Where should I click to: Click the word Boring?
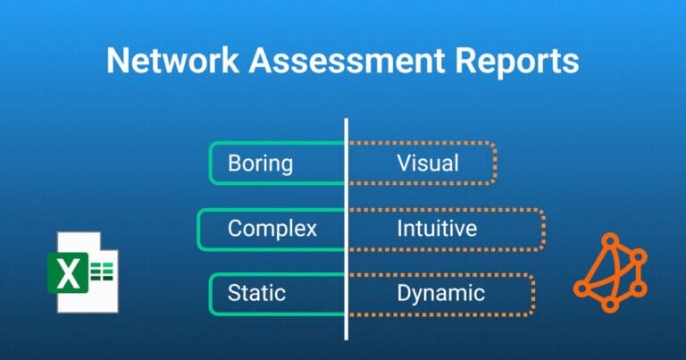[x=260, y=163]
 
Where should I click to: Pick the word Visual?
[x=428, y=163]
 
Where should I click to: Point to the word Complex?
[x=272, y=229]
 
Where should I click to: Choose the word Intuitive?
[x=437, y=229]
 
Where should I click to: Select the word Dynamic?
[x=441, y=293]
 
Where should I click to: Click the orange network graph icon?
[x=610, y=272]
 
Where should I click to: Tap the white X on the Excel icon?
[x=69, y=274]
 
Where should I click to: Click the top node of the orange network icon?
[x=611, y=239]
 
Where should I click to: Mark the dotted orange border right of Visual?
[x=495, y=163]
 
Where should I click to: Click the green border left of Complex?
[x=199, y=229]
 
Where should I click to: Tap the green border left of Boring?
[x=211, y=163]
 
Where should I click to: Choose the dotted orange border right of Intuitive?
[x=543, y=229]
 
